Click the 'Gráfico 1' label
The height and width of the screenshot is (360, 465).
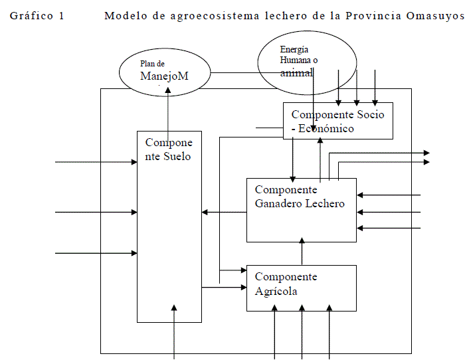coord(37,15)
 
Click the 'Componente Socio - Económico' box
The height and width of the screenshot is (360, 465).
coord(337,121)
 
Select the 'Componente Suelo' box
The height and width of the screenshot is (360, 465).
coord(169,226)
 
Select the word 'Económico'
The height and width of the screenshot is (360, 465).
coord(326,128)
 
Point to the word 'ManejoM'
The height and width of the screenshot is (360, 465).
coord(164,76)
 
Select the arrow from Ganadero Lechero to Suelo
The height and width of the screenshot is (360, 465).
coord(224,212)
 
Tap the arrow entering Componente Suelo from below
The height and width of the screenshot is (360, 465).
coord(174,332)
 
